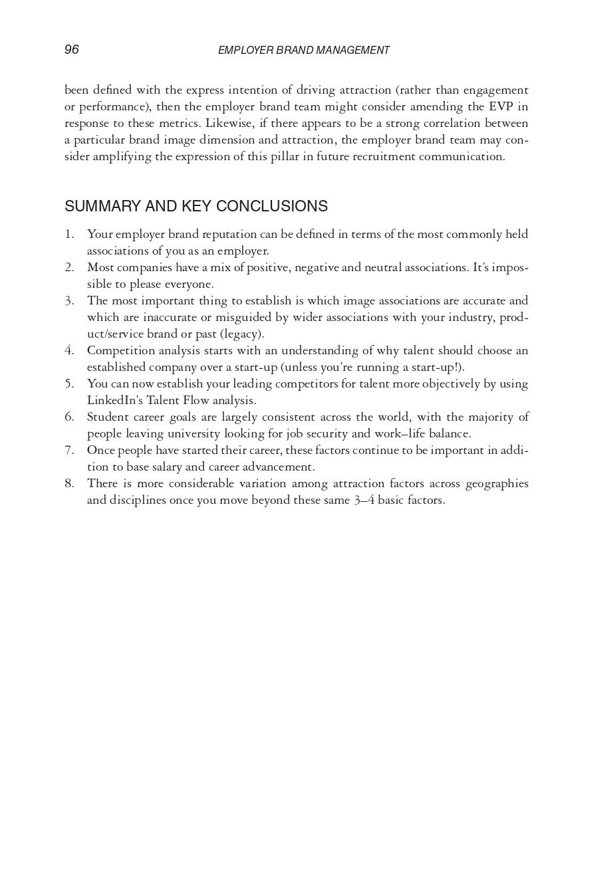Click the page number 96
tap(72, 50)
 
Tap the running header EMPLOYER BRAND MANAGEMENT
tap(304, 51)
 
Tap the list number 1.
tap(69, 234)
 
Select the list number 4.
tap(69, 350)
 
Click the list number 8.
tap(69, 483)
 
